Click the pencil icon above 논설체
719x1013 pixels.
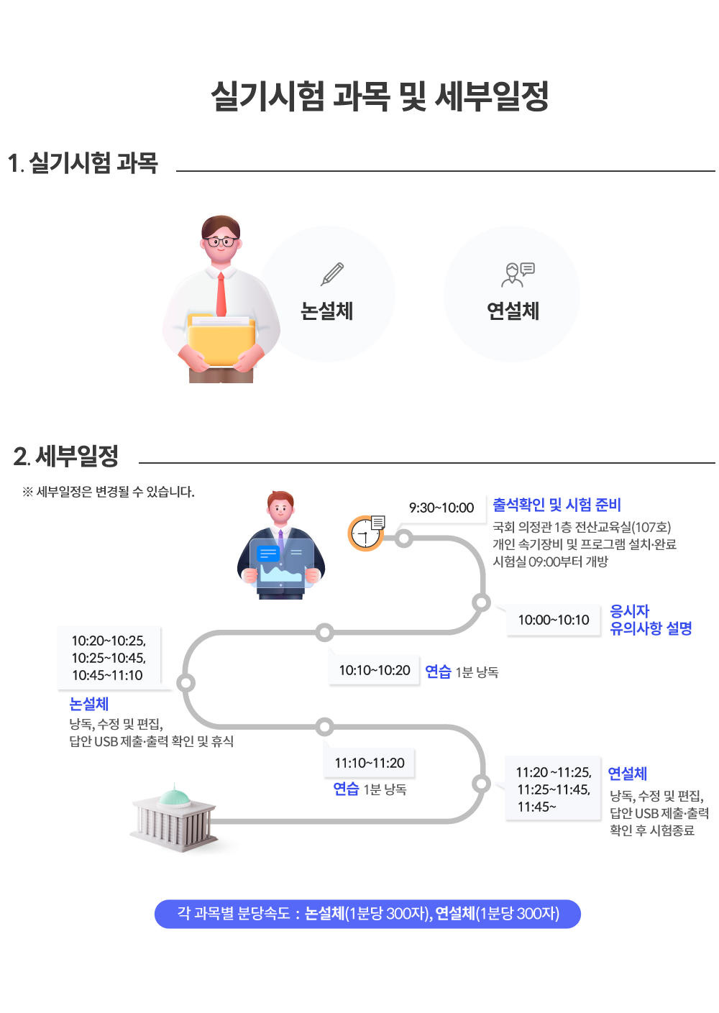(332, 274)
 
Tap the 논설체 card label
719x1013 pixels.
(326, 311)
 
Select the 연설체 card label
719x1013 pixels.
(513, 311)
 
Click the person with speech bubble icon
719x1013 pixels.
(517, 274)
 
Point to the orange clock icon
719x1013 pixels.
(365, 533)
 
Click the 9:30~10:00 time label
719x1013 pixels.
(441, 508)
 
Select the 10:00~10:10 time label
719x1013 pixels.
(553, 620)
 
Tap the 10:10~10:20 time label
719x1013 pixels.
(375, 670)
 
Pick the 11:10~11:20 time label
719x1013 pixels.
(370, 763)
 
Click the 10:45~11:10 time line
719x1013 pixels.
(107, 675)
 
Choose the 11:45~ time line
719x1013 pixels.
(536, 807)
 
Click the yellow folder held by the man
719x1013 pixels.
(221, 342)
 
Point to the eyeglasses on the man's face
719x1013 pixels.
(221, 241)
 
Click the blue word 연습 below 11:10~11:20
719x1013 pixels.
(346, 789)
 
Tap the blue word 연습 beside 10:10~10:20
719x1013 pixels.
(438, 671)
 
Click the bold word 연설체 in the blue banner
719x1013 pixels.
(455, 914)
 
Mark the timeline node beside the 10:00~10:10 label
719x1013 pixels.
(481, 602)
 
